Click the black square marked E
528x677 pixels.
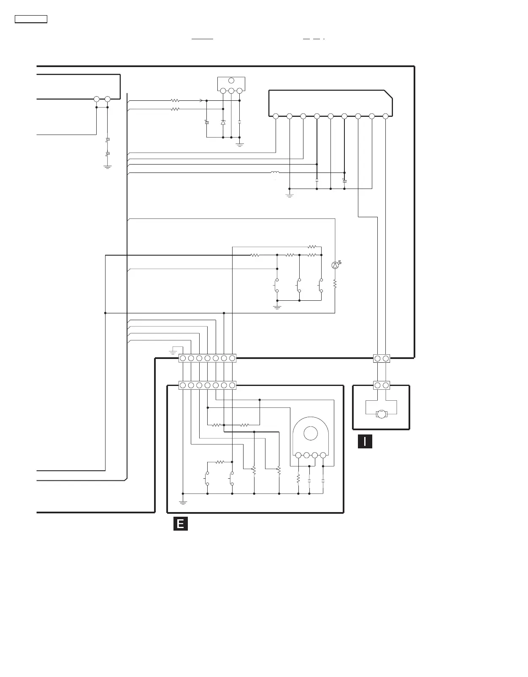point(180,524)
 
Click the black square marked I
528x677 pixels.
point(365,441)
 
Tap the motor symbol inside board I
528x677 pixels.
point(382,414)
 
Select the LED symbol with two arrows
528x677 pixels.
point(336,265)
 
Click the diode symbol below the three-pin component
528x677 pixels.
point(223,122)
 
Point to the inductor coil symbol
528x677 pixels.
point(275,173)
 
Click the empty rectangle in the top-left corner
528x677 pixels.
point(31,19)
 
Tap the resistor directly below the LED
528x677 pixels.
point(335,284)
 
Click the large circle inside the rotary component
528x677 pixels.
point(310,433)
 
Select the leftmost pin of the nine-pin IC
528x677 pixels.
point(276,116)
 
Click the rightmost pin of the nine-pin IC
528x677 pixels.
point(385,116)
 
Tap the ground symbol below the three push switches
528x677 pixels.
point(277,307)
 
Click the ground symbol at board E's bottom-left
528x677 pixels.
point(183,502)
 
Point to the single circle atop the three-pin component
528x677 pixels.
point(231,81)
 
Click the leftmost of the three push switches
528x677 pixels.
point(277,286)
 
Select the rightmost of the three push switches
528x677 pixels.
point(321,286)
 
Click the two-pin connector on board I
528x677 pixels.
point(382,385)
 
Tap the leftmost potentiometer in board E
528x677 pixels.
point(254,470)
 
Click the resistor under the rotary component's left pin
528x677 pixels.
point(298,479)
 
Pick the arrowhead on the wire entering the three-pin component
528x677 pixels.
point(201,101)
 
